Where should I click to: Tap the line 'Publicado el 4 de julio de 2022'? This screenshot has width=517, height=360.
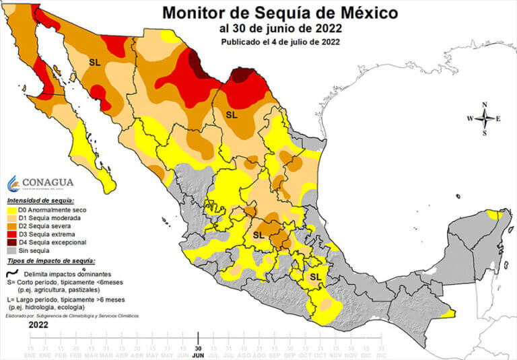280,42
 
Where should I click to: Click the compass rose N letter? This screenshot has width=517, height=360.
484,104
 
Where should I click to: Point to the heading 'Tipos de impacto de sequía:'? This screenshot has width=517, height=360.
50,260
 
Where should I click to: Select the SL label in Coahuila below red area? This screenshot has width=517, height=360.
232,114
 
